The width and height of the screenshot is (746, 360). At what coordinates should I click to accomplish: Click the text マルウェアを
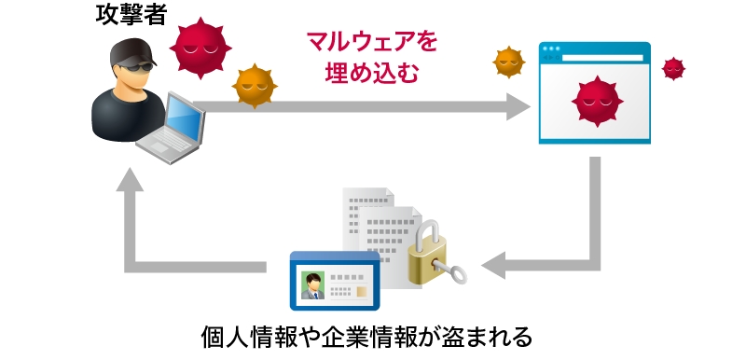tap(372, 42)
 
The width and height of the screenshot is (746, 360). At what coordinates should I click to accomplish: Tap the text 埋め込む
tap(371, 74)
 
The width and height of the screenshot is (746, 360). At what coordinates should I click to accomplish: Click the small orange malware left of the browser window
tap(507, 62)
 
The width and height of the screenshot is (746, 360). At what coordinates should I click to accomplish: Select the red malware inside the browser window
tap(594, 97)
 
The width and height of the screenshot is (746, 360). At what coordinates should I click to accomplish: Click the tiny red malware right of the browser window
tap(672, 68)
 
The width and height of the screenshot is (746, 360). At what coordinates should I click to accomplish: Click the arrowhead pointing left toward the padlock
tap(494, 265)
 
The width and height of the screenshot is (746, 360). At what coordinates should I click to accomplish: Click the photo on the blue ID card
tap(311, 284)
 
